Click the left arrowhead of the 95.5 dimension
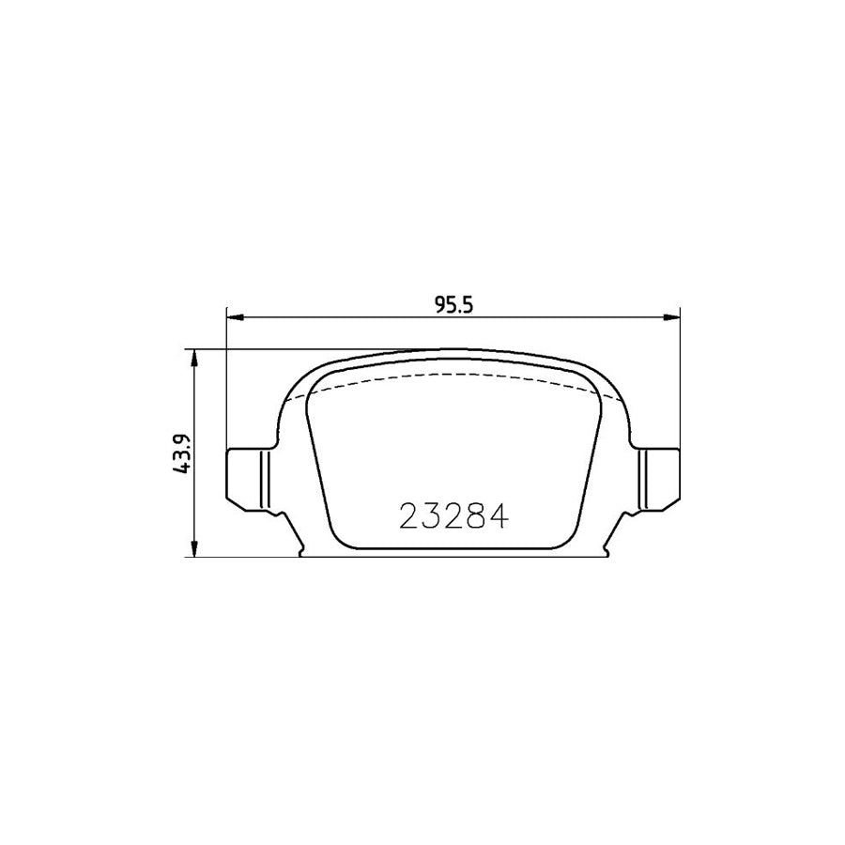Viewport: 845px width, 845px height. click(x=234, y=317)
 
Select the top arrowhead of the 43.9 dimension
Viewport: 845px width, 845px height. click(x=194, y=358)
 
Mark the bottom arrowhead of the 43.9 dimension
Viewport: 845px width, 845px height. click(x=194, y=550)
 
